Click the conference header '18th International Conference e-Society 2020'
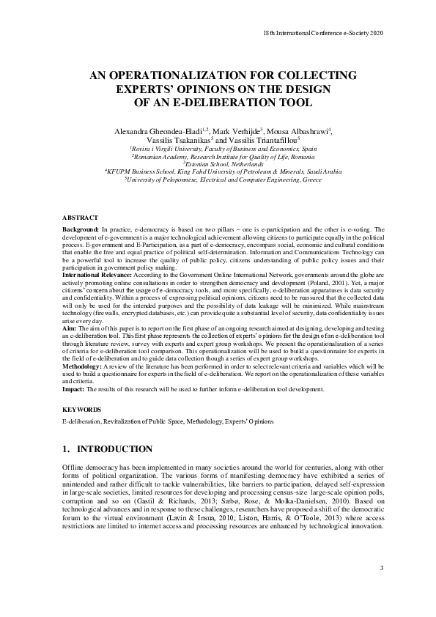tap(323, 33)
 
